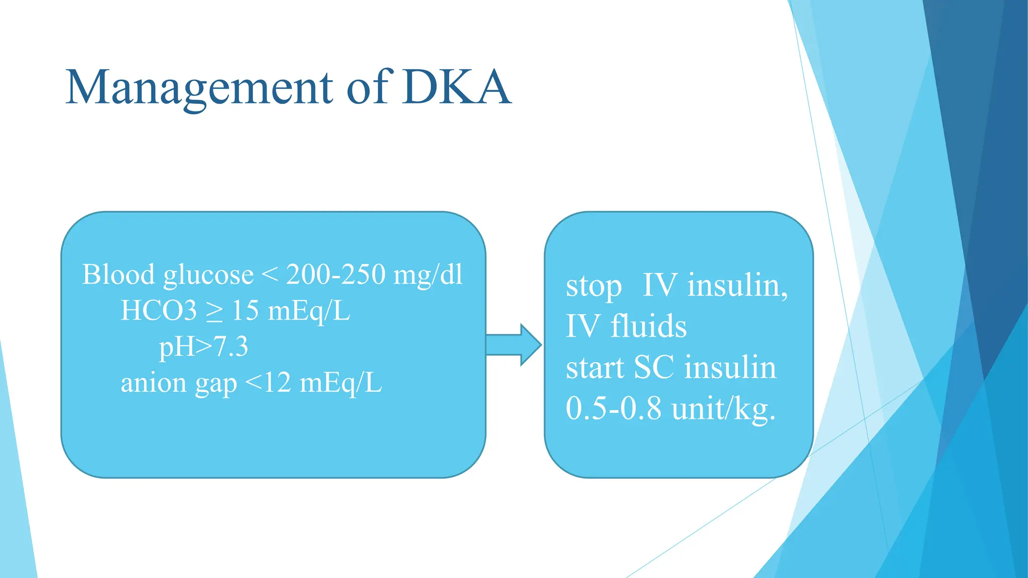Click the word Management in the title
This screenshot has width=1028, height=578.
(x=199, y=88)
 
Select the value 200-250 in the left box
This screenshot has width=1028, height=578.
(x=335, y=274)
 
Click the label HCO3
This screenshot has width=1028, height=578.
(x=159, y=311)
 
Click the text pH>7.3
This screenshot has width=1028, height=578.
(x=203, y=347)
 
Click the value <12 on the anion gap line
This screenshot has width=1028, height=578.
(x=268, y=383)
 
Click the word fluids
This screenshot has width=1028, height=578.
(x=648, y=326)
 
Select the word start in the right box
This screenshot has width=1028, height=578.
(x=595, y=367)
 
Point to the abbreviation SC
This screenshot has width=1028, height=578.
(x=654, y=367)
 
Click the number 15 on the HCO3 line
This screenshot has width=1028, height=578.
(x=245, y=311)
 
